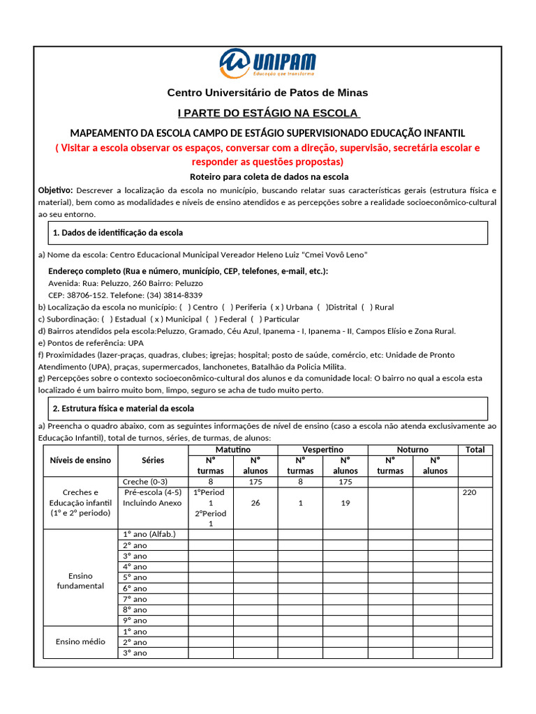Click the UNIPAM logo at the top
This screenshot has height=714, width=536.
tap(267, 63)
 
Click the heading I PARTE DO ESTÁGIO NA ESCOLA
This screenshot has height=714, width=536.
tap(267, 113)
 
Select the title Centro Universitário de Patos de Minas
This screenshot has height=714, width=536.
tap(267, 93)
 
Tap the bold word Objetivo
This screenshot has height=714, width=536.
tap(55, 190)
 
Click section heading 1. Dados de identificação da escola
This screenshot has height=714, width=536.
tap(118, 232)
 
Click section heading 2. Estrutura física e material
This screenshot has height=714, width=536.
tap(124, 408)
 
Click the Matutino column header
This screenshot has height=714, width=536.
tap(233, 450)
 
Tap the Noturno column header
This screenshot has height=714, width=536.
tap(412, 450)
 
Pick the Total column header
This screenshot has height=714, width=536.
tap(475, 450)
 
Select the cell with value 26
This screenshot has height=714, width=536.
tap(255, 503)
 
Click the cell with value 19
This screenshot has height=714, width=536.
tap(345, 503)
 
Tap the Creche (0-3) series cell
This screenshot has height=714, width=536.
tap(145, 482)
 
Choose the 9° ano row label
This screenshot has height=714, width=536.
tap(135, 621)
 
